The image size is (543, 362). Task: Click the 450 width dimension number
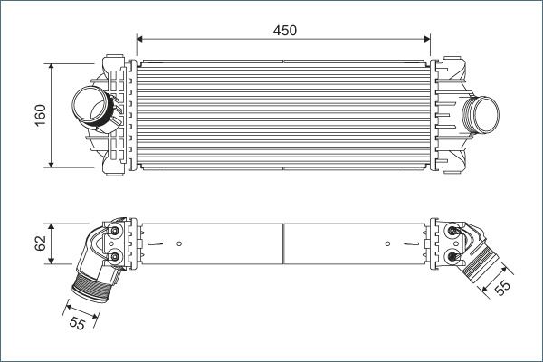(x=284, y=30)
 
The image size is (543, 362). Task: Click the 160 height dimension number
(x=41, y=116)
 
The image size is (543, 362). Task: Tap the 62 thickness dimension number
(x=41, y=243)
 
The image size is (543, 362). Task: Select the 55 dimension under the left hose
(x=77, y=322)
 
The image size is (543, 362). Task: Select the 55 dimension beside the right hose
(x=502, y=287)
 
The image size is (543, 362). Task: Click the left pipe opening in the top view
(x=88, y=106)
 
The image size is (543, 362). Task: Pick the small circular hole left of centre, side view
(x=180, y=243)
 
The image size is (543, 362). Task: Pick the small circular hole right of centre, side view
(x=388, y=243)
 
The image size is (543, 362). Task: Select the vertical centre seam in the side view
(x=284, y=243)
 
